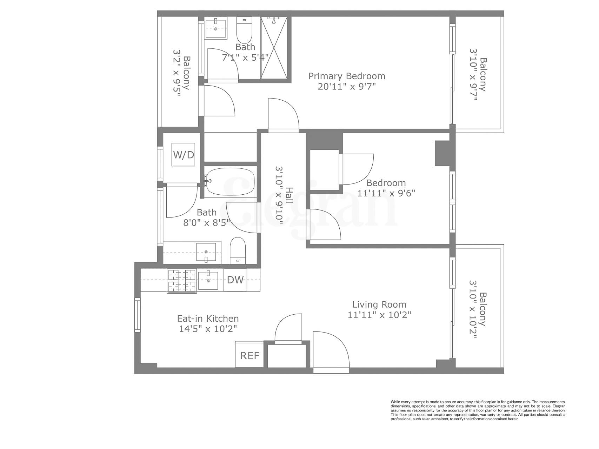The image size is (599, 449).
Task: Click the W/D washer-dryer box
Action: click(x=183, y=155)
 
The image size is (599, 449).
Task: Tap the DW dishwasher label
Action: click(x=235, y=280)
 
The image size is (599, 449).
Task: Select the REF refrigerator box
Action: click(x=249, y=355)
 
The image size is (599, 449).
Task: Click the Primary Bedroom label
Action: click(x=347, y=76)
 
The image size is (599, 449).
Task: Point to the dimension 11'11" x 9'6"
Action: click(x=386, y=193)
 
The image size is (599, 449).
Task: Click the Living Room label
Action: click(x=379, y=304)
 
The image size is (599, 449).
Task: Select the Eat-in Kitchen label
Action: click(x=208, y=319)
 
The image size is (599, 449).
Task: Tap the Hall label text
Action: click(x=289, y=195)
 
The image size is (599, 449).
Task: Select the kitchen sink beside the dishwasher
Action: click(x=208, y=280)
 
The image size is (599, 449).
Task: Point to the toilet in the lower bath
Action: click(x=238, y=250)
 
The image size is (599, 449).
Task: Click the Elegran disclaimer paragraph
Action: click(x=478, y=410)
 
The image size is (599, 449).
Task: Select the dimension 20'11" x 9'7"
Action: click(x=347, y=87)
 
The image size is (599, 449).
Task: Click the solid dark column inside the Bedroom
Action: click(x=442, y=153)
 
